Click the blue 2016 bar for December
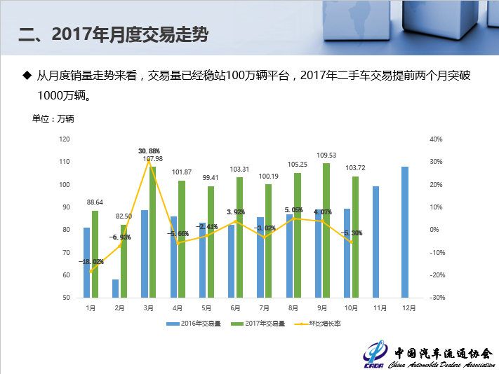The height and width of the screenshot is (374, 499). click(405, 232)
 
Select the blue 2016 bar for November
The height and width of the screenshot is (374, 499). click(376, 242)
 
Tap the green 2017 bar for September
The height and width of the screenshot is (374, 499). click(326, 230)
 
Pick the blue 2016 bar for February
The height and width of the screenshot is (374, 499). click(115, 288)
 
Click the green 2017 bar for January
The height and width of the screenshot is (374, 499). click(95, 254)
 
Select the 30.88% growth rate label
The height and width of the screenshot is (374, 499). click(149, 151)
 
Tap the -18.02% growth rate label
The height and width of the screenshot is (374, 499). click(91, 261)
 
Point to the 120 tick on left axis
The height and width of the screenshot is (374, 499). click(65, 139)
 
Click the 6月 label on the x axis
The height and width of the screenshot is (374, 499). click(235, 307)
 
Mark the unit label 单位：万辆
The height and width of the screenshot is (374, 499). click(53, 118)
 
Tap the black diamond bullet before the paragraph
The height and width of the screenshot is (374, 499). click(28, 74)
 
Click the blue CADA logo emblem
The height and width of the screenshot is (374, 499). click(378, 352)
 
